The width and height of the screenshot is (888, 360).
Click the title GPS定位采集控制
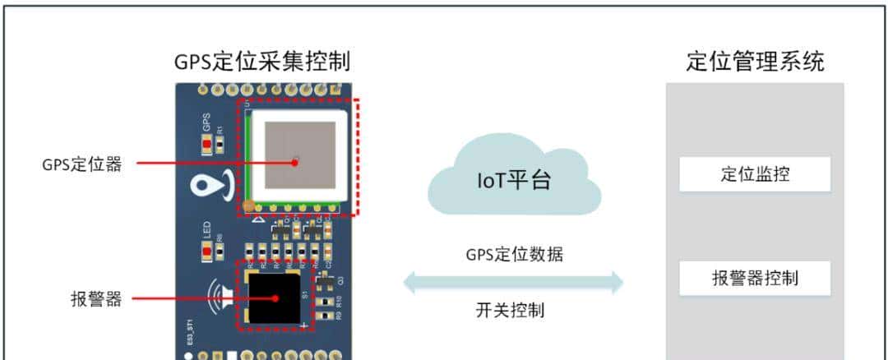point(262,62)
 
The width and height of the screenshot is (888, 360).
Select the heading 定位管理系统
point(755,62)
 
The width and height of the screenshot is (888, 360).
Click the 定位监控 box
point(754,174)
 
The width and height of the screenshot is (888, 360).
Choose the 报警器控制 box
point(754,279)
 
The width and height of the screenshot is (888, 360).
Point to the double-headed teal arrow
point(513,282)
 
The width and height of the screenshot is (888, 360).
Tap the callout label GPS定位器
point(82,164)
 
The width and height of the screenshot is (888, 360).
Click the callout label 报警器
point(96,299)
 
